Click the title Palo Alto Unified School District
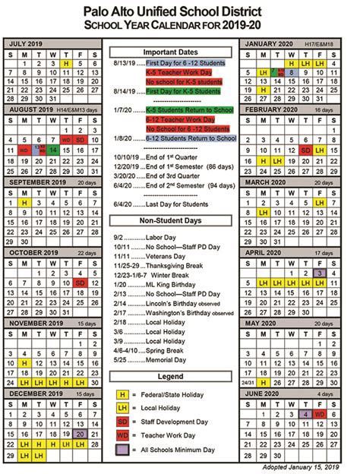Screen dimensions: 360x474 pyautogui.click(x=179, y=11)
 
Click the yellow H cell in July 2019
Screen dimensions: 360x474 pyautogui.click(x=67, y=64)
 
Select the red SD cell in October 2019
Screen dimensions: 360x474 pyautogui.click(x=81, y=283)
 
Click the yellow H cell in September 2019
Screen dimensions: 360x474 pyautogui.click(x=25, y=204)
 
